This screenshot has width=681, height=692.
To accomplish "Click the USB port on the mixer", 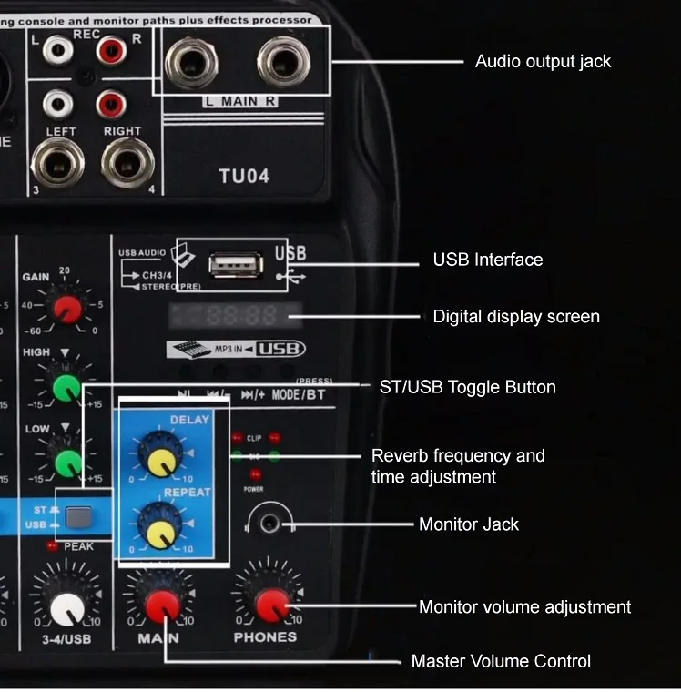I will coord(236,264).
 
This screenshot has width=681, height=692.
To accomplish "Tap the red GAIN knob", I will coord(67,310).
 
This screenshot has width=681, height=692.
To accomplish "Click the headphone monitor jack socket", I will coord(269,523).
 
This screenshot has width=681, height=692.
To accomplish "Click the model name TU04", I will coord(244,176).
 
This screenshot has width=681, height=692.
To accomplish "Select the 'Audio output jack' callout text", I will coord(543,62).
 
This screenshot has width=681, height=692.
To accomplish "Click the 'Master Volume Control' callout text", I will coord(501,661).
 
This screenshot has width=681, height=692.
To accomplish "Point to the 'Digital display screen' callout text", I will coord(516,317).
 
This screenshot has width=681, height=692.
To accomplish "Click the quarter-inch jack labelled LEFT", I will coord(56,164).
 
